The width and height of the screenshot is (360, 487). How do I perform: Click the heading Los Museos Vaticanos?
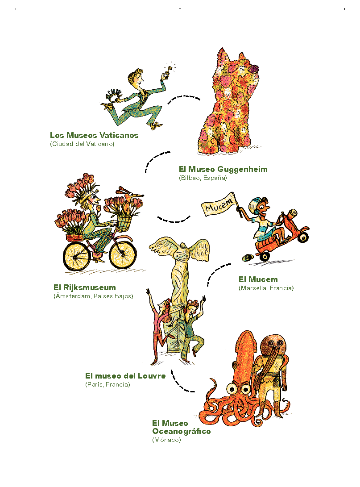pos(94,135)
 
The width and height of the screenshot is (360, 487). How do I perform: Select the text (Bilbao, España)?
pos(203,178)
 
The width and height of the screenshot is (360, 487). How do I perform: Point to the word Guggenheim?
pos(242,170)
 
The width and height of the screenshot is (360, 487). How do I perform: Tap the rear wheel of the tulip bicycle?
pos(76,256)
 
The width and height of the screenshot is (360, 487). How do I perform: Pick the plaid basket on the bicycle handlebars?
pos(123,224)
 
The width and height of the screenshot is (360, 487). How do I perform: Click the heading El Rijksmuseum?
pos(85,287)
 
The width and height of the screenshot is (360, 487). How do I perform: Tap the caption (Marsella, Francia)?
pos(266,288)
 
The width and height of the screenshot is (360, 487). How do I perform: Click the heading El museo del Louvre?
pos(125,376)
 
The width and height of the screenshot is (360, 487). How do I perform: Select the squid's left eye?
pos(231,388)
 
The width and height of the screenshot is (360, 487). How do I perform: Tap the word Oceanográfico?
pos(182,431)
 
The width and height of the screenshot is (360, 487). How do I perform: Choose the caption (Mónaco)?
pos(166,440)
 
